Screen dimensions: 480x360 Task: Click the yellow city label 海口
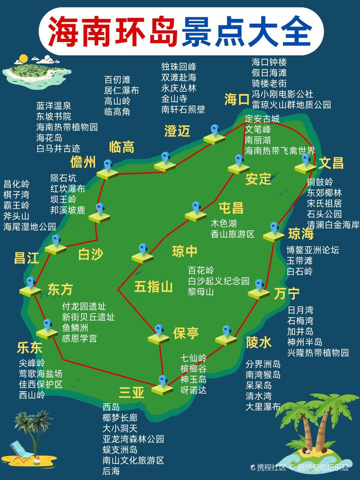pyautogui.click(x=236, y=100)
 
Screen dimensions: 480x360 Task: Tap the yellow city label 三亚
pyautogui.click(x=132, y=393)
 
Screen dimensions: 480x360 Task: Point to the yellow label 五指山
pyautogui.click(x=153, y=287)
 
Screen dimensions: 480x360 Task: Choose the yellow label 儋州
pyautogui.click(x=83, y=163)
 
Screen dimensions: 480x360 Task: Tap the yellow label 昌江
pyautogui.click(x=26, y=258)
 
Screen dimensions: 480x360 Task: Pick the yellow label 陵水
pyautogui.click(x=259, y=342)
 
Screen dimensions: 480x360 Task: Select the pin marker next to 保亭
pyautogui.click(x=159, y=334)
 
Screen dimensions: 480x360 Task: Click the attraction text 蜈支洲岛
pyautogui.click(x=120, y=450)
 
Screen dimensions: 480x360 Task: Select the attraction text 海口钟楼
pyautogui.click(x=269, y=62)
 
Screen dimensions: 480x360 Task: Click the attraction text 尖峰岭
pyautogui.click(x=31, y=363)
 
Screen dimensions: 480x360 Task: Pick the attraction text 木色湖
pyautogui.click(x=223, y=223)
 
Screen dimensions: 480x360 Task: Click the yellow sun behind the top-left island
pyautogui.click(x=24, y=59)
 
